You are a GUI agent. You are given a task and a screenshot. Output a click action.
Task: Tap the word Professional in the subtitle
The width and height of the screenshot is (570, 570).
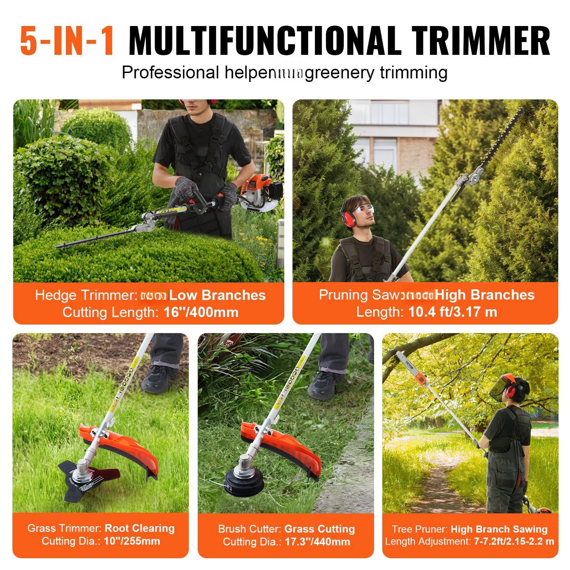(x=170, y=73)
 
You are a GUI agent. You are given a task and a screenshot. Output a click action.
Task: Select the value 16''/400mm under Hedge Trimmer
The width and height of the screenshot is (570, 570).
(x=201, y=312)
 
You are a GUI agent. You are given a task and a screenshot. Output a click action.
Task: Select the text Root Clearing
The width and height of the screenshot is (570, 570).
(x=140, y=528)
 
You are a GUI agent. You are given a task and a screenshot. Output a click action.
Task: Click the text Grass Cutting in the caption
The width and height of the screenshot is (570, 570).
(x=319, y=529)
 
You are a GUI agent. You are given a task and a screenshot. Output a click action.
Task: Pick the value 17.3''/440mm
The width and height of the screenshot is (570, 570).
(x=317, y=542)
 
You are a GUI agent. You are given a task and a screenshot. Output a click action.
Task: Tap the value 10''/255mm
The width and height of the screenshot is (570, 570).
(x=132, y=541)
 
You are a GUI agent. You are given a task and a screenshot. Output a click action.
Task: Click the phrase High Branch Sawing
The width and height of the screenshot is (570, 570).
(x=499, y=529)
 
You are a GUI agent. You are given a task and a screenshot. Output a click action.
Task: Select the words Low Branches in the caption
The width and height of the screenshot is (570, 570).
(x=217, y=295)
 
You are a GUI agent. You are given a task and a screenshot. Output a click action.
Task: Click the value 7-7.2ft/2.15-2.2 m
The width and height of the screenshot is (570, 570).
(x=514, y=541)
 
